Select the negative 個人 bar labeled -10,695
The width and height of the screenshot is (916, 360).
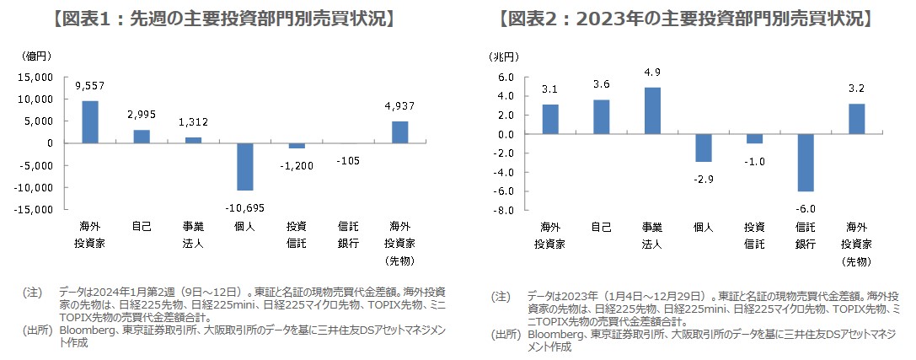pos(245,166)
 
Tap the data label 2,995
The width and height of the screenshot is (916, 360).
pos(142,115)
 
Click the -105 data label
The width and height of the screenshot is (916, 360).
pos(349,161)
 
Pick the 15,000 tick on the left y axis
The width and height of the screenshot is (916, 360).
pos(36,77)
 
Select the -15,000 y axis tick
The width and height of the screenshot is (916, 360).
pos(34,209)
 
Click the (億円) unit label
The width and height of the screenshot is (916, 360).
pos(37,56)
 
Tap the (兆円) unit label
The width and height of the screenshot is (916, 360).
pos(505,56)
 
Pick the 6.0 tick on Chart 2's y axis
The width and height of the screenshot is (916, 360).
pos(506,77)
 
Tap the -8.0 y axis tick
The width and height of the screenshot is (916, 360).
pos(503,210)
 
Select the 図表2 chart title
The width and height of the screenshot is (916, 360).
pos(687,19)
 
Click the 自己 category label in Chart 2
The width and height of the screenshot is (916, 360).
pos(601,227)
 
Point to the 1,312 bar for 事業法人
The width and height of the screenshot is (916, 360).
pos(193,140)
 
